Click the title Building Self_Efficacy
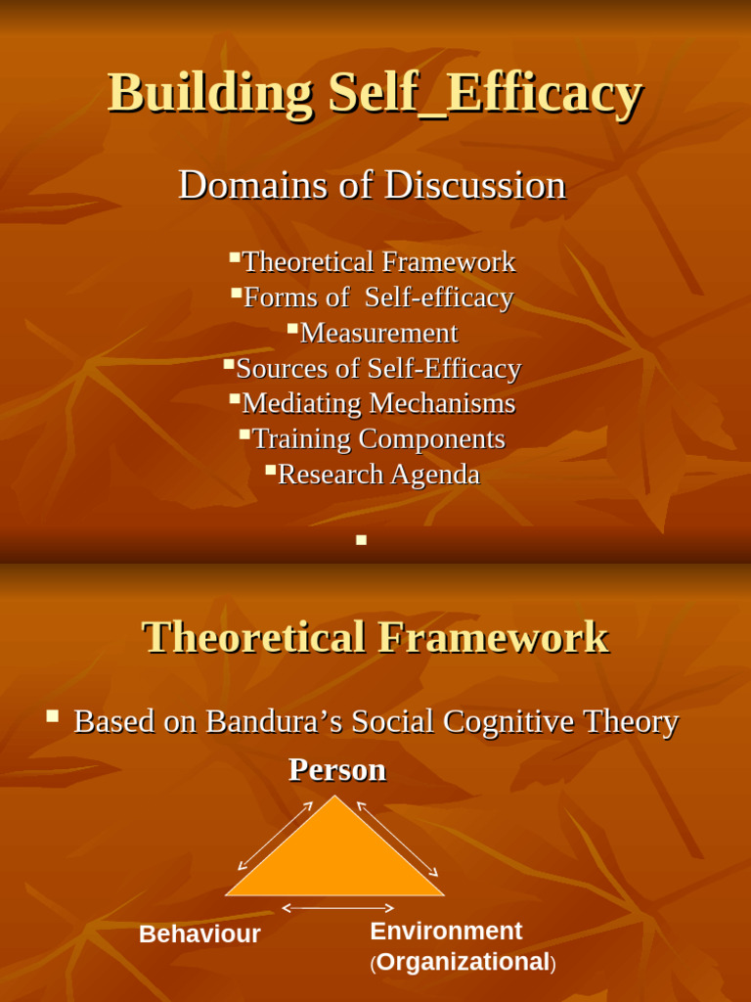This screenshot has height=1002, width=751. (375, 94)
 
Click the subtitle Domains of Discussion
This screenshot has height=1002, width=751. (372, 185)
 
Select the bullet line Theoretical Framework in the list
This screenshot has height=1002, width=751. (377, 262)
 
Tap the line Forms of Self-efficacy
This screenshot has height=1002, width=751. (377, 297)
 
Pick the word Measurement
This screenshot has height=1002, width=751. (378, 333)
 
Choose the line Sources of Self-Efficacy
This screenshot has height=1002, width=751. (377, 369)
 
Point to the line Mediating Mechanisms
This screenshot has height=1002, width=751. (377, 403)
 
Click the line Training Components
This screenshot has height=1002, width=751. (377, 438)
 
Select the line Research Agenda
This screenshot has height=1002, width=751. (378, 475)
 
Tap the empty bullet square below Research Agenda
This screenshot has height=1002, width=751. (361, 539)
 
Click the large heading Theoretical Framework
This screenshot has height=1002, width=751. (375, 637)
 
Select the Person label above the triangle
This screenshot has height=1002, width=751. (337, 770)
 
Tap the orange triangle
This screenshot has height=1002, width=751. (335, 861)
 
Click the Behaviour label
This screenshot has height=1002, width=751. (199, 934)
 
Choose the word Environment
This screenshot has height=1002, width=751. (446, 931)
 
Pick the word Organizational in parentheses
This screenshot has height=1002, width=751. (463, 963)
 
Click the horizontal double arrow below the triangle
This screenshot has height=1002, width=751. (337, 909)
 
